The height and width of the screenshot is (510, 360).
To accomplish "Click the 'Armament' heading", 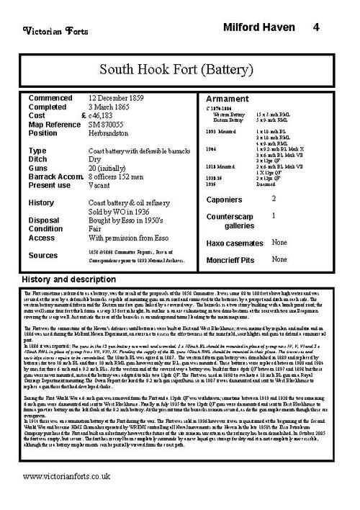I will (228, 99).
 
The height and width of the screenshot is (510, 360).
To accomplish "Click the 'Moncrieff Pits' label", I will (234, 259).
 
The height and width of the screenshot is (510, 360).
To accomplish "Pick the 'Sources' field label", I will (43, 255).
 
